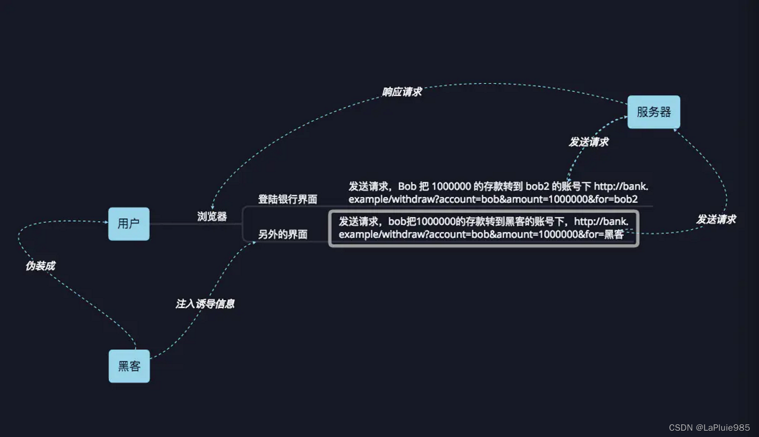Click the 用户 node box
(129, 224)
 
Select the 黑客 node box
(129, 366)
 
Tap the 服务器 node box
(654, 112)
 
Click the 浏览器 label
(212, 216)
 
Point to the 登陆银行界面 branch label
(288, 199)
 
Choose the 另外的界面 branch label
(282, 234)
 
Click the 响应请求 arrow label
(402, 92)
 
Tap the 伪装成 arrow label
(40, 266)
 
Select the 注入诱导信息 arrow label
(205, 304)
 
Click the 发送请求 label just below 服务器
(588, 142)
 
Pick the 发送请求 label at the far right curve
(716, 219)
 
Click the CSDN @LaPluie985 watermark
(709, 427)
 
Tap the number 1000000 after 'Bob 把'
(451, 187)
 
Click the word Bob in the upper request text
(408, 187)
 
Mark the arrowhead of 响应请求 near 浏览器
(211, 207)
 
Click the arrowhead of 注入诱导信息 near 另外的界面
(254, 243)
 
